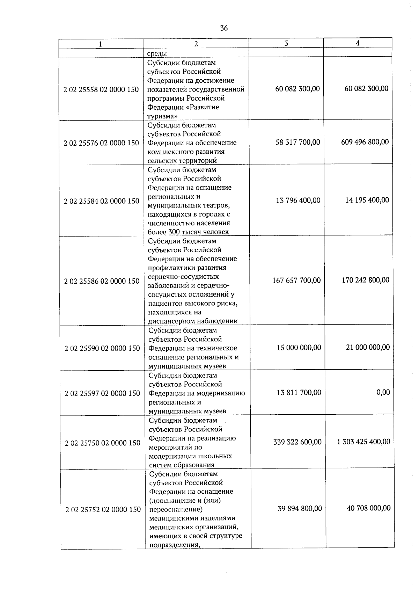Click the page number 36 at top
click(x=224, y=28)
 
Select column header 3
click(x=286, y=43)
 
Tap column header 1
click(x=101, y=44)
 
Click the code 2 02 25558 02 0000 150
click(x=101, y=89)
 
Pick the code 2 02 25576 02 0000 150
click(x=101, y=143)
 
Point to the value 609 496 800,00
click(x=365, y=142)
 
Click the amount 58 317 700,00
click(x=297, y=142)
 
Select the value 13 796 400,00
click(x=298, y=201)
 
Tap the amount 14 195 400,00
click(x=367, y=200)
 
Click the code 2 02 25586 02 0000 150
click(x=102, y=281)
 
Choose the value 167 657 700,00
click(x=296, y=280)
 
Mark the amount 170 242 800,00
click(x=366, y=280)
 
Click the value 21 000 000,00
click(x=368, y=347)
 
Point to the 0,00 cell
click(x=383, y=392)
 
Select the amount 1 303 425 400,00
click(x=363, y=442)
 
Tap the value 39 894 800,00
click(x=300, y=509)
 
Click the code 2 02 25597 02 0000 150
click(x=102, y=393)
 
